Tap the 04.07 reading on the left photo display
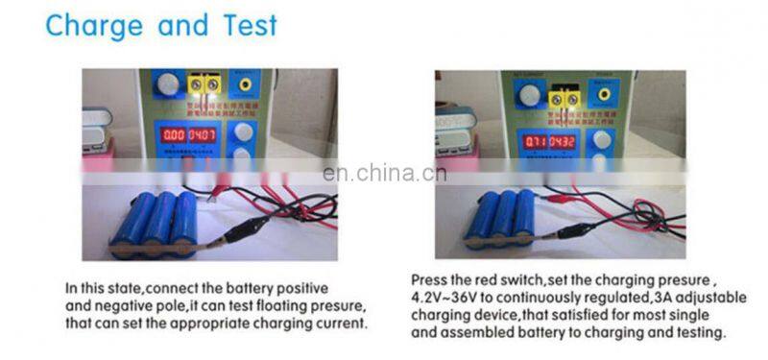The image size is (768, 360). coord(202,135)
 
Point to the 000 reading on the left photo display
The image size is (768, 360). coord(173,135)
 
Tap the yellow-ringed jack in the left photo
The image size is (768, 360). coord(247,84)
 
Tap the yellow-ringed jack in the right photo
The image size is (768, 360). coord(603,94)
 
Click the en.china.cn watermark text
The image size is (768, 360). coord(383,174)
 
